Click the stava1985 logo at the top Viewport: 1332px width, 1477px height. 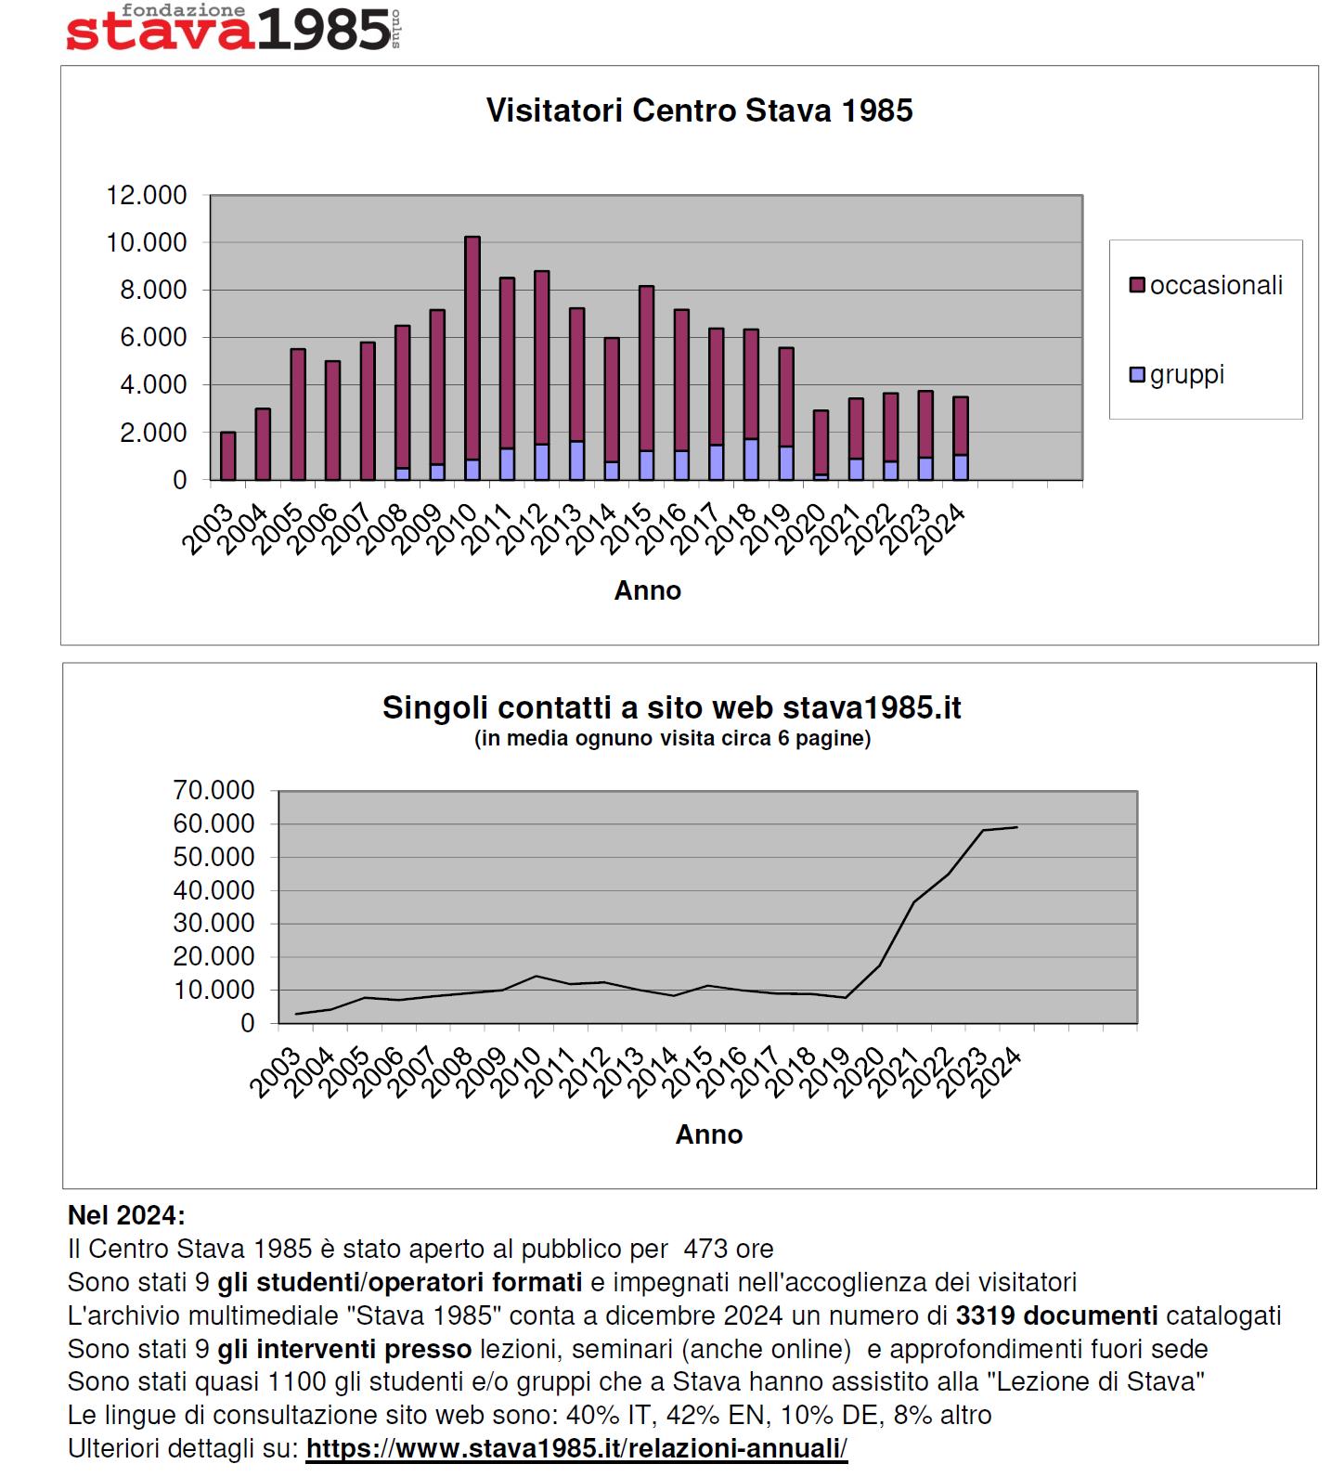tap(232, 28)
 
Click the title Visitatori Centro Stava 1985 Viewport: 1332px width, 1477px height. tap(699, 110)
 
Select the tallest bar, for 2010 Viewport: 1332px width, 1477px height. tap(472, 358)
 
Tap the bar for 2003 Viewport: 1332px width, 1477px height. tap(228, 456)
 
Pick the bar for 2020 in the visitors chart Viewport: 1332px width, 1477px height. tap(821, 445)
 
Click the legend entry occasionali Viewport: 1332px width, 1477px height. tap(1207, 285)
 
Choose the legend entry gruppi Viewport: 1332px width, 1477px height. tap(1177, 375)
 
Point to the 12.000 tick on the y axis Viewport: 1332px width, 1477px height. tap(147, 195)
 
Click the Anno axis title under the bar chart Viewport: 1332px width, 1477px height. tap(648, 590)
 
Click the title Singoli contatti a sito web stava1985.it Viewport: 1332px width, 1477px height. tap(672, 707)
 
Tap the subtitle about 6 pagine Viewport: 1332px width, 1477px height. tap(672, 739)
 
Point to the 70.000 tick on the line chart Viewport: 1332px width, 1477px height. tap(213, 790)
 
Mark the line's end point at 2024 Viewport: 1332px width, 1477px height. tap(1017, 827)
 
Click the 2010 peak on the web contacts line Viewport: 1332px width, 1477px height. tap(536, 976)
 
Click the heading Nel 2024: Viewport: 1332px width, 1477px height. tap(126, 1215)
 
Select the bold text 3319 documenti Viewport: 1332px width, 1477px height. tap(1056, 1315)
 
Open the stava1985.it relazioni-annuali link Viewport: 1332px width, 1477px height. tap(576, 1449)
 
